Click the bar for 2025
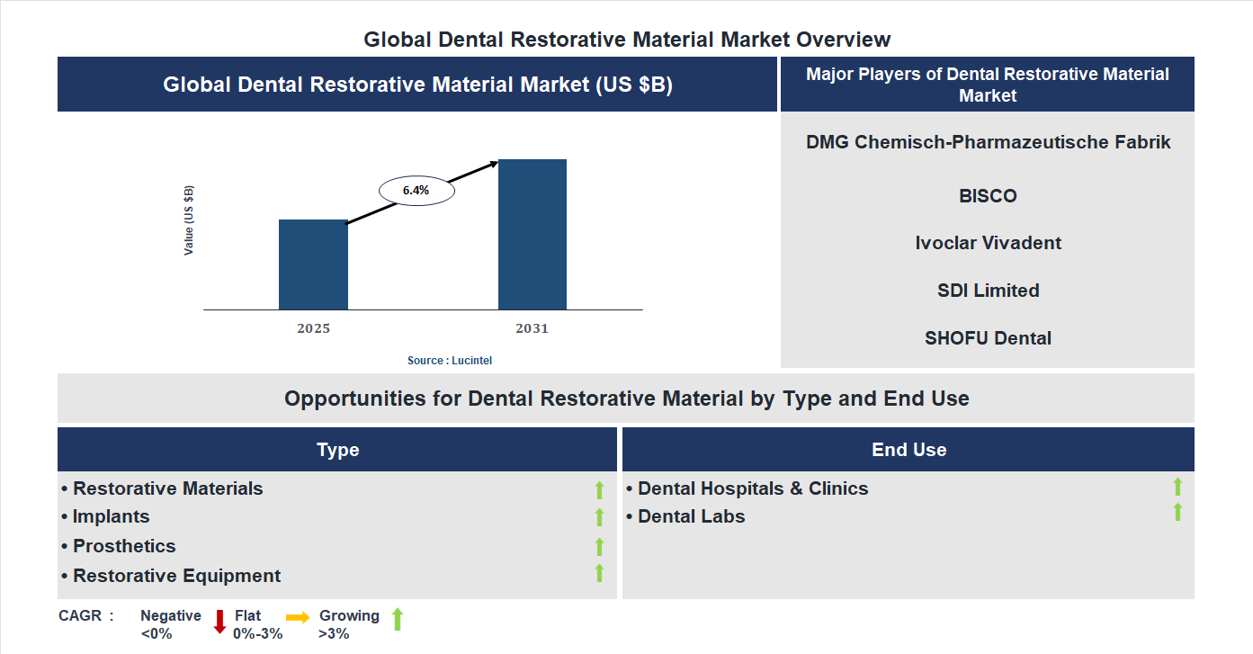coord(313,264)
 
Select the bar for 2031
coord(533,235)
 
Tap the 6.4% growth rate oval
coord(416,191)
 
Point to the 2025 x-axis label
coord(313,328)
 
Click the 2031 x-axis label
coord(532,328)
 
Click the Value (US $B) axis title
coord(189,220)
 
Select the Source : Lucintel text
coord(450,360)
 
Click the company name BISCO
coord(988,196)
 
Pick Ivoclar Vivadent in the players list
coord(988,243)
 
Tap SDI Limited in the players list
coord(988,291)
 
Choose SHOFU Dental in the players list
coord(988,338)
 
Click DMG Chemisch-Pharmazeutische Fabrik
coord(988,142)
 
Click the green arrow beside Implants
coord(599,517)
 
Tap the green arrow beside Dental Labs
coord(1177,512)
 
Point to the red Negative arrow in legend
coord(219,622)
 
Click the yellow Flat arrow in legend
coord(298,617)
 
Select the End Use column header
coord(908,450)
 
